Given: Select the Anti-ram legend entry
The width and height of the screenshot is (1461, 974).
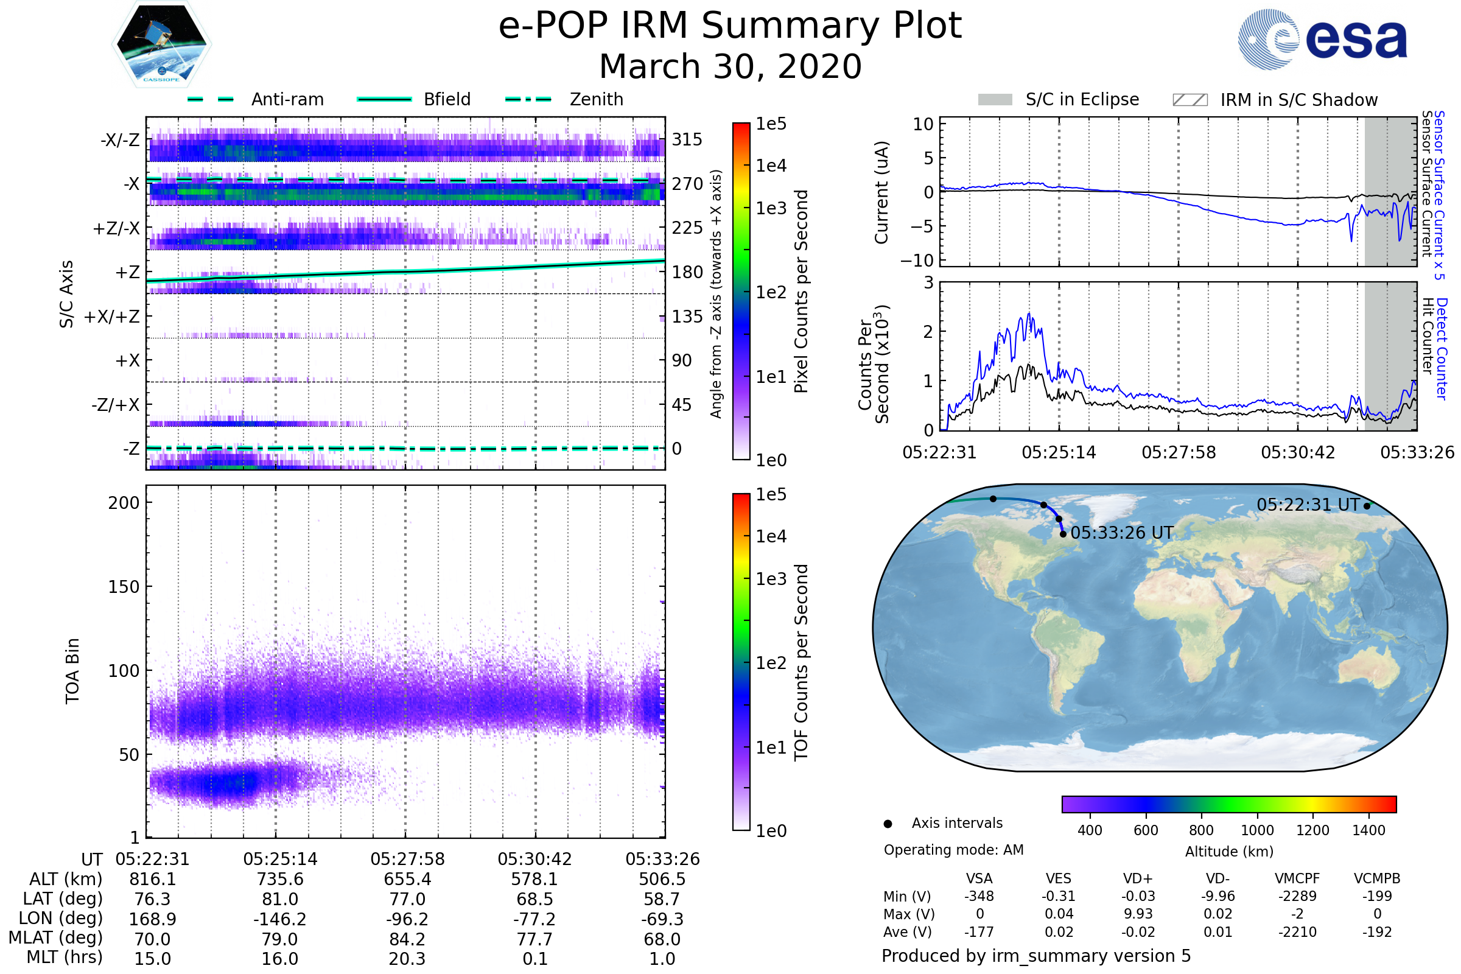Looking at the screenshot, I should pos(256,99).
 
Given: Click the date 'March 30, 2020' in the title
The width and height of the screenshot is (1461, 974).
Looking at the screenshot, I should pos(730,66).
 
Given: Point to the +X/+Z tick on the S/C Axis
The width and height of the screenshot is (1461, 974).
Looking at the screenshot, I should pos(112,317).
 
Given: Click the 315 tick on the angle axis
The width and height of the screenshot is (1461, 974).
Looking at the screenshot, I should pos(687,139).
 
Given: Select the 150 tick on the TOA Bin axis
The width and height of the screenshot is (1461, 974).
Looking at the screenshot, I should pos(124,587).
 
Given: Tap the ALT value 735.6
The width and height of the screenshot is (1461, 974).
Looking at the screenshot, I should pos(280,880).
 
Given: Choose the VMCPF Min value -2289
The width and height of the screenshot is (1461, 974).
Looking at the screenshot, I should pos(1297,896).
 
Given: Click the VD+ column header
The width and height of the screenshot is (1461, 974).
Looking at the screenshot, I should pos(1138,878).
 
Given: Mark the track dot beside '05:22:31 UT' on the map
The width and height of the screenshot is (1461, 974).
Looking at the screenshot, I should pos(1367,506).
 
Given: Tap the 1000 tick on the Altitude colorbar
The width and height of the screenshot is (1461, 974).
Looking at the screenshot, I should pos(1257,830).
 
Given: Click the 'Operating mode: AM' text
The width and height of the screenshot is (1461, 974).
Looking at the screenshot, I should pos(953,850).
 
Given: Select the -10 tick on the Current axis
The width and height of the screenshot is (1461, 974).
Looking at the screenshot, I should pos(917,261).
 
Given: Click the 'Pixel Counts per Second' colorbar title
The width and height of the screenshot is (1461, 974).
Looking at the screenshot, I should pos(801,292).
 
